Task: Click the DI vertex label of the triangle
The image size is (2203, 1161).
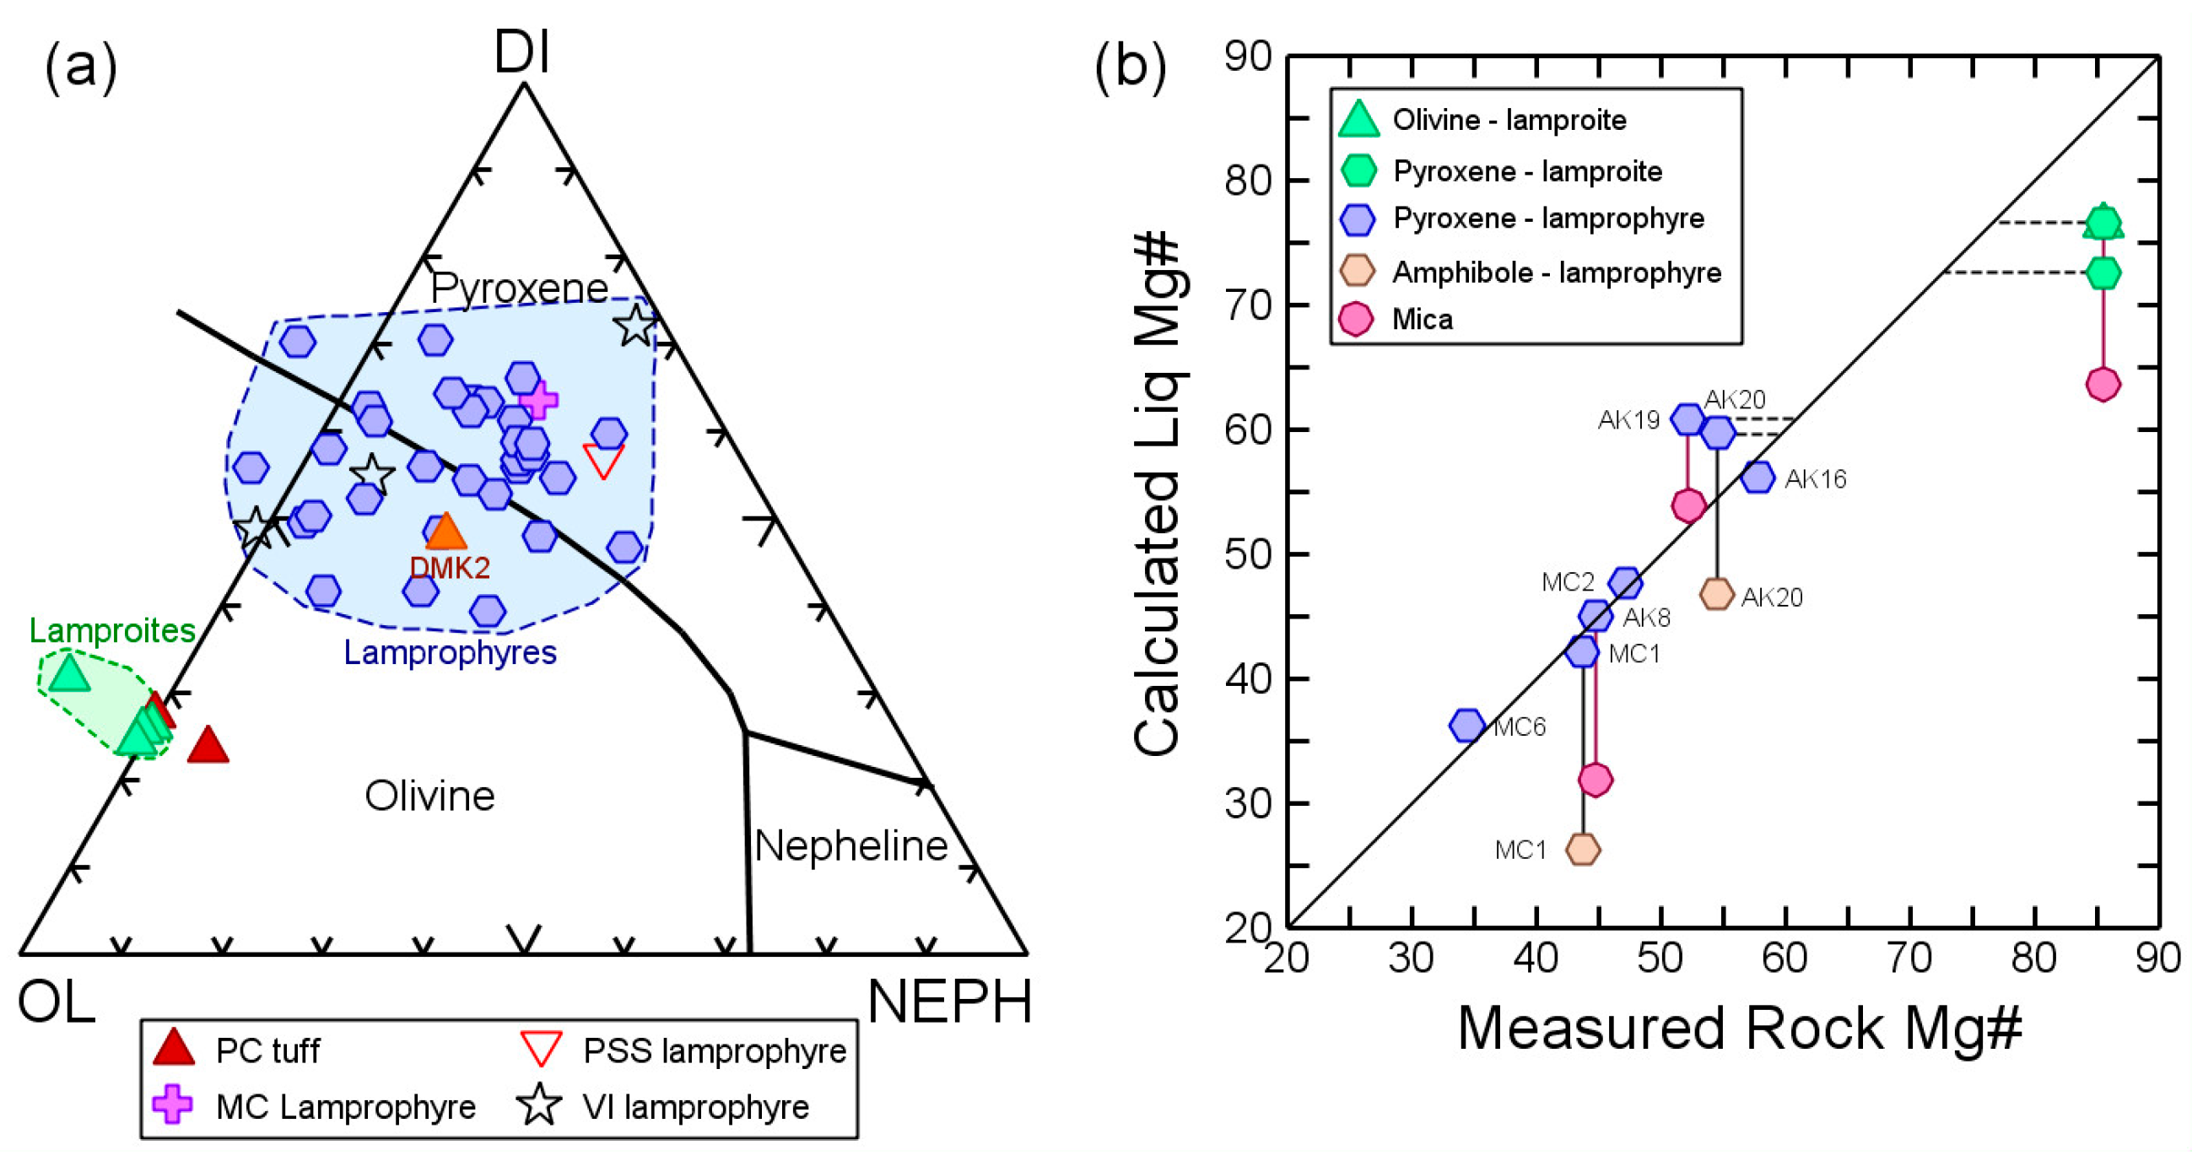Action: [x=521, y=53]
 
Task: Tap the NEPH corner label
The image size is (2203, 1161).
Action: [x=949, y=1002]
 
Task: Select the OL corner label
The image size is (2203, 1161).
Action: [x=57, y=1002]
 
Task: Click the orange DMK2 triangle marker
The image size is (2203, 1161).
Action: [x=445, y=532]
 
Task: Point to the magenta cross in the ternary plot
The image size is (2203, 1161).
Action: [x=539, y=399]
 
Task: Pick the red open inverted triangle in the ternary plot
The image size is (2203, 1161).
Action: [x=603, y=459]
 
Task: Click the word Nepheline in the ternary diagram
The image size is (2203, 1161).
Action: [x=851, y=846]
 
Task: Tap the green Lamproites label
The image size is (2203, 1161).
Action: [x=112, y=630]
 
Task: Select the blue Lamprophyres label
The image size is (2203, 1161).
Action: [x=450, y=652]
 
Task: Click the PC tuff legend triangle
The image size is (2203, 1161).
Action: [x=174, y=1048]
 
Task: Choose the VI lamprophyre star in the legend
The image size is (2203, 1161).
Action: [x=540, y=1105]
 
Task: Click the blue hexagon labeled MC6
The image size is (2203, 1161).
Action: [x=1467, y=726]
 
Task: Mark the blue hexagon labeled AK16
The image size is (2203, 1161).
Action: [x=1758, y=477]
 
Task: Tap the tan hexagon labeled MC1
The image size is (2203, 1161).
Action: [x=1583, y=849]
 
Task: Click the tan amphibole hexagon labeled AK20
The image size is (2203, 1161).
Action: [x=1716, y=593]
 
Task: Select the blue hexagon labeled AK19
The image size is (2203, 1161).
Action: [x=1687, y=418]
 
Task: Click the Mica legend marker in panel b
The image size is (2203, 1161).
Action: [x=1357, y=319]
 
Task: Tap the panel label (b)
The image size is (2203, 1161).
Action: [x=1131, y=67]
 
